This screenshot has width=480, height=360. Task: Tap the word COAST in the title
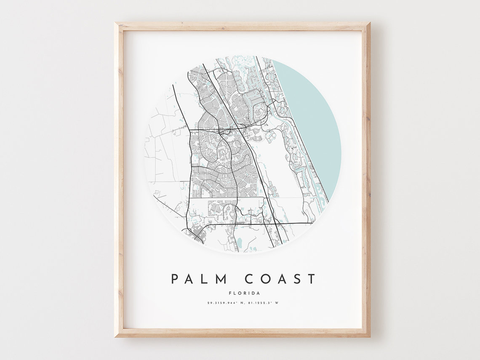(280, 279)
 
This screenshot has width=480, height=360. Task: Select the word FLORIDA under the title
(244, 293)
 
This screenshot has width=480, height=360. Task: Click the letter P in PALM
(174, 279)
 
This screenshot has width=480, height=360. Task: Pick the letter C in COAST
(250, 279)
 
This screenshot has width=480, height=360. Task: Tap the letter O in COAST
(265, 279)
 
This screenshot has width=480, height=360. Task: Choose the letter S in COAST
(297, 279)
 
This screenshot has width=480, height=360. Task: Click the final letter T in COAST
(311, 279)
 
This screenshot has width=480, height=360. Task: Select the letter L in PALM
(206, 279)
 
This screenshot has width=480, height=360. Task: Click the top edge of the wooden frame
(242, 27)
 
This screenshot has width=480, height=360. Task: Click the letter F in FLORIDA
(230, 293)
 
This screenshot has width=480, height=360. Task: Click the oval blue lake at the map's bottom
(240, 242)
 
